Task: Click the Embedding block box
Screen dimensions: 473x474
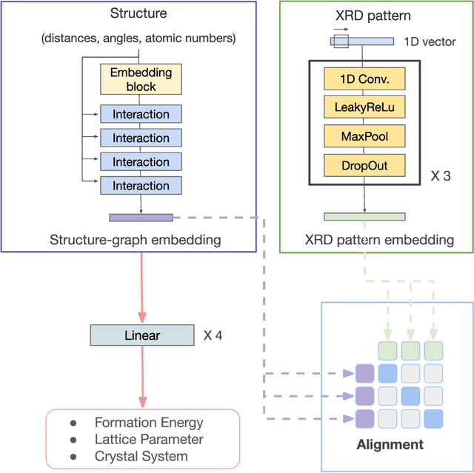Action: tap(141, 80)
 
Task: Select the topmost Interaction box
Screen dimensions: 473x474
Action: tap(141, 115)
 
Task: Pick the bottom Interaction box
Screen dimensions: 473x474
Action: tap(141, 186)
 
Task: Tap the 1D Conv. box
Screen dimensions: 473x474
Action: tap(365, 78)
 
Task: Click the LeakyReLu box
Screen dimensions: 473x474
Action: tap(365, 107)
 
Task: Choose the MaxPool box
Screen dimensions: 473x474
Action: tap(365, 136)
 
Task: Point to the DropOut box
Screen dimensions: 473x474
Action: tap(365, 164)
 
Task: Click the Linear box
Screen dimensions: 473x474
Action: tap(141, 335)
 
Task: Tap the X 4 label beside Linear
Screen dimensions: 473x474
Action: tap(213, 335)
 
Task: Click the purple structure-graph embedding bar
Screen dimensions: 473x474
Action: tap(141, 218)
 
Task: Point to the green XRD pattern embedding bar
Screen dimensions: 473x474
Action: tap(364, 217)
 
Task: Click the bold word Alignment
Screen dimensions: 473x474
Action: tap(390, 444)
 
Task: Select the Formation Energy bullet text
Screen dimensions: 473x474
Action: tap(149, 423)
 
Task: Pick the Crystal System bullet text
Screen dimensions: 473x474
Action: tap(141, 456)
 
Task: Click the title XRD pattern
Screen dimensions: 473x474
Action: tap(363, 15)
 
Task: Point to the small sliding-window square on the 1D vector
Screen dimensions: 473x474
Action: tap(340, 41)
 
